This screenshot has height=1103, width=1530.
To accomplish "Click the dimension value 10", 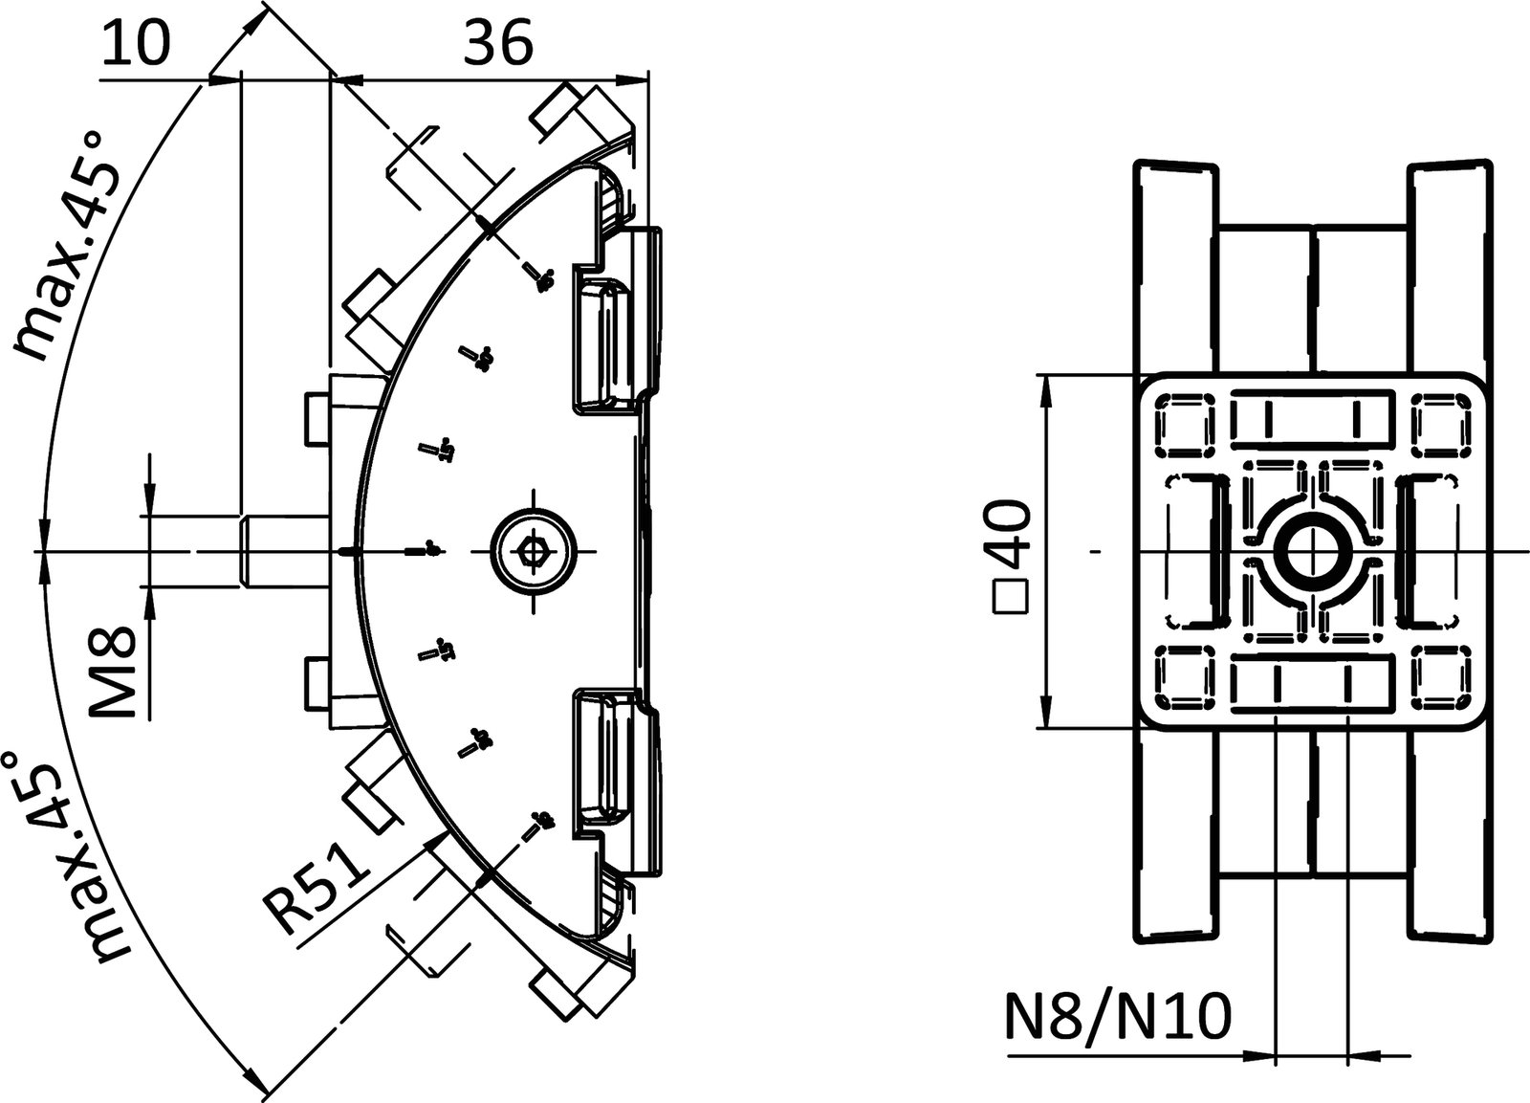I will click(136, 44).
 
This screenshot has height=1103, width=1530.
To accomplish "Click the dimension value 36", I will click(497, 44).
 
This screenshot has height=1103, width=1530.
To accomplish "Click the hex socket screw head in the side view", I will click(534, 551).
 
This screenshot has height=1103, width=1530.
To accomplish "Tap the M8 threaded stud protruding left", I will click(283, 550).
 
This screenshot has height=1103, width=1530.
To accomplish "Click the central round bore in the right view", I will click(1313, 551).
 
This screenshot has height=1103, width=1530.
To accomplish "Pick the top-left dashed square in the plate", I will click(1185, 420).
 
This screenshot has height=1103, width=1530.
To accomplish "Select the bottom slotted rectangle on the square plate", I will click(1311, 683).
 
